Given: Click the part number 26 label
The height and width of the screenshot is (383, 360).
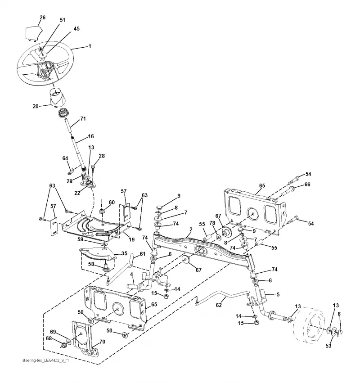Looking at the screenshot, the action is [x=42, y=18].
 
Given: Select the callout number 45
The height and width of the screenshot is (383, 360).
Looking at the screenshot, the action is [x=76, y=28].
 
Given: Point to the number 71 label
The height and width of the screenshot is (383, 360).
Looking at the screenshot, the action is [x=83, y=119].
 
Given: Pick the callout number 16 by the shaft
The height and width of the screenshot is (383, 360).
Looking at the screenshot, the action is [x=91, y=136].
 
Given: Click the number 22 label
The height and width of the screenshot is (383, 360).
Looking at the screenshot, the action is [x=77, y=193].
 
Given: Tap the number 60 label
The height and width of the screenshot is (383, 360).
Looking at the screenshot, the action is [x=112, y=202].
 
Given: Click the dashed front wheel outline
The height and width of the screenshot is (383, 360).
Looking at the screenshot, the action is [x=310, y=324].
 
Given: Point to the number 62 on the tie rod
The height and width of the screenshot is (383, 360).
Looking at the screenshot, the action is [x=219, y=305].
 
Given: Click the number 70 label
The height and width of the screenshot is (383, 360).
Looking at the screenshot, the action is [x=102, y=342].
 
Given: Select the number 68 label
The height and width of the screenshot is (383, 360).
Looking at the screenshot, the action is [x=49, y=338].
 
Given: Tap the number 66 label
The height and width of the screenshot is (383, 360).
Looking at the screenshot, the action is [x=307, y=185].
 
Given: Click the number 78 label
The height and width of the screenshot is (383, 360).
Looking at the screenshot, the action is [x=212, y=223].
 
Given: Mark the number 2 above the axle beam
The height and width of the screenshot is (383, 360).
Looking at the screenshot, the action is [x=191, y=230].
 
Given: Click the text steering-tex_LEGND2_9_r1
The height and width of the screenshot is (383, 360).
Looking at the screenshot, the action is [x=45, y=360].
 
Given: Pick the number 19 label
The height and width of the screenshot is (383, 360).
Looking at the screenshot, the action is [x=132, y=239].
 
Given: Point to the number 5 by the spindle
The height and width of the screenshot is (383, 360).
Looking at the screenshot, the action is [x=278, y=295].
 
